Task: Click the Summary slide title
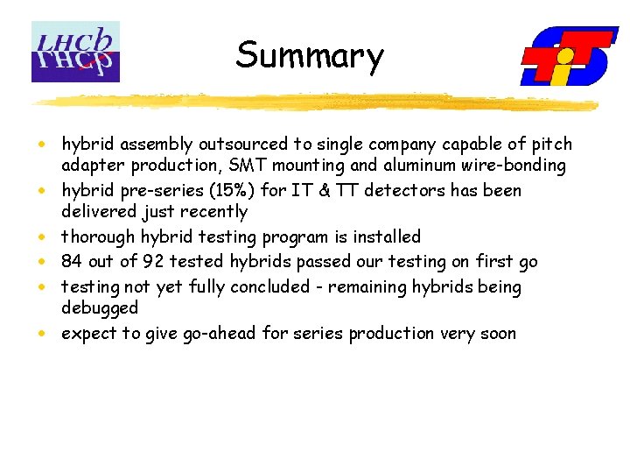pos(310,55)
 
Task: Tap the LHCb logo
pos(75,52)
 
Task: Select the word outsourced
pos(241,145)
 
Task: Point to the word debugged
pos(100,308)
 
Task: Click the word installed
pos(387,236)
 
